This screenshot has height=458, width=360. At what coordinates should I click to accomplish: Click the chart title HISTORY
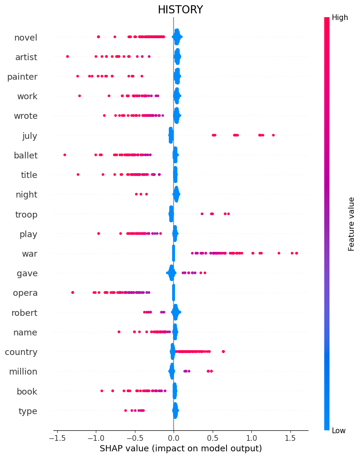(180, 10)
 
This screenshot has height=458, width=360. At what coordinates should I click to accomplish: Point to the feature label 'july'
(30, 136)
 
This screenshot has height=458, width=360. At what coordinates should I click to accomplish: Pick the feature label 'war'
(30, 254)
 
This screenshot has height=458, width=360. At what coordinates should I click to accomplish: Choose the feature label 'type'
(28, 411)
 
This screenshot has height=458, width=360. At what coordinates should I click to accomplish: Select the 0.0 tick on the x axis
(174, 437)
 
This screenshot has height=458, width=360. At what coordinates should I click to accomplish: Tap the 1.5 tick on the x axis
(290, 437)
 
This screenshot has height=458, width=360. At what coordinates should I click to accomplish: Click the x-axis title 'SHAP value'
(180, 448)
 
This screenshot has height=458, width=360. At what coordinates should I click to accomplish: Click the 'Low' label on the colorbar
(339, 431)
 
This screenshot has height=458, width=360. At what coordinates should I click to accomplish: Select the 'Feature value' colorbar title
(351, 224)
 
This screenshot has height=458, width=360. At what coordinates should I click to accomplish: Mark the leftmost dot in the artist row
(67, 56)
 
